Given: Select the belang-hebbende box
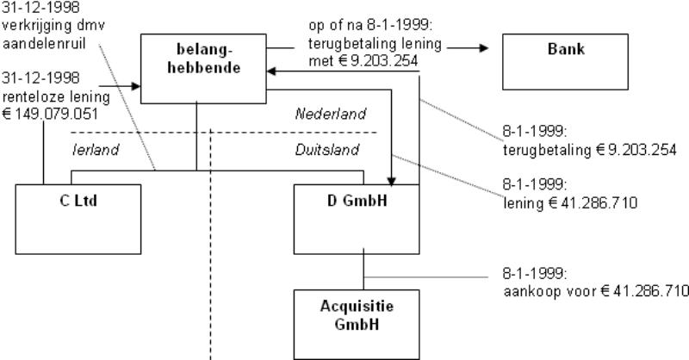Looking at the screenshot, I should point(202,65).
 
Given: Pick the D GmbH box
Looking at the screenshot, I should point(357,215).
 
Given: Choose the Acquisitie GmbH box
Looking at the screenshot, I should point(356,316).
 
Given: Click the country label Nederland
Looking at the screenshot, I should point(331,114).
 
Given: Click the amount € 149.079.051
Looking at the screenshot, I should point(53,110).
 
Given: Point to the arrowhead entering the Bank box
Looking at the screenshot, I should point(484,48).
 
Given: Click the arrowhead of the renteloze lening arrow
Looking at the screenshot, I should point(135,86).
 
